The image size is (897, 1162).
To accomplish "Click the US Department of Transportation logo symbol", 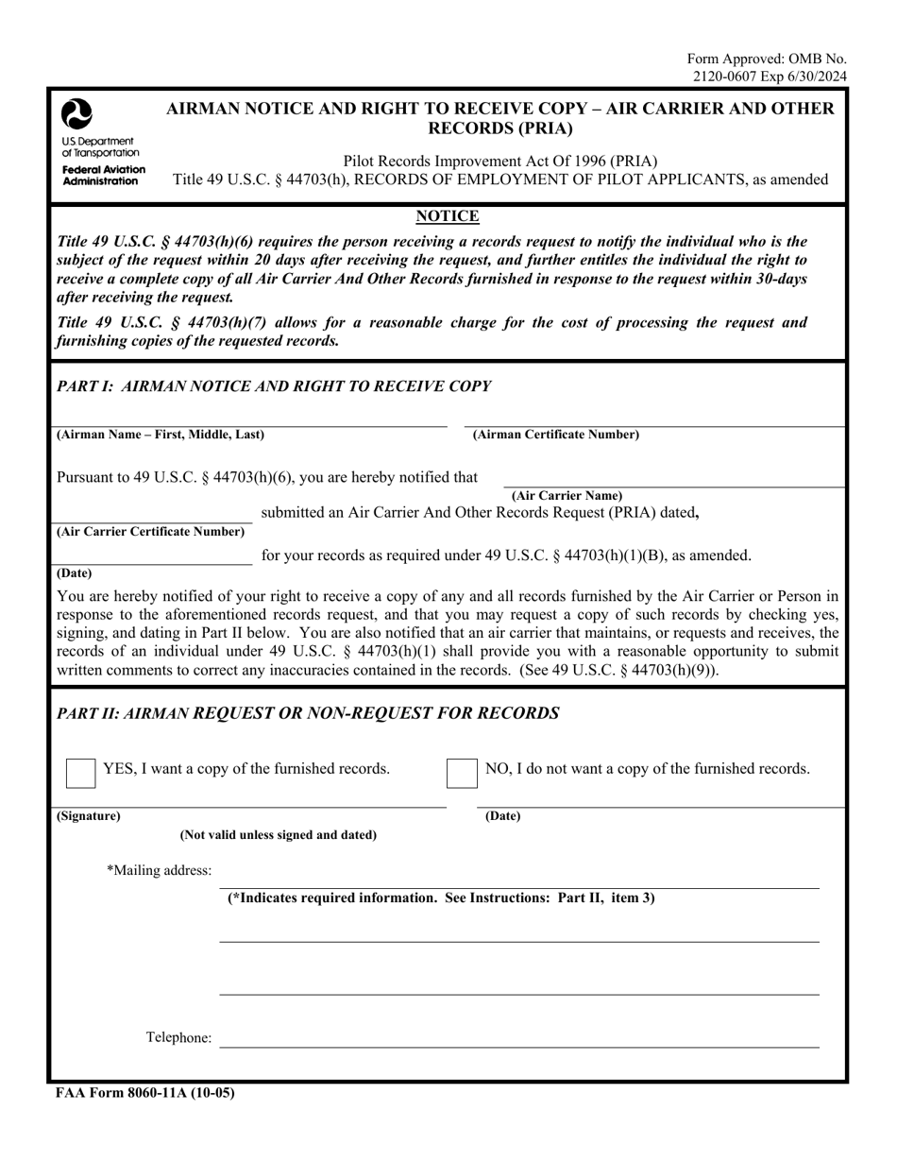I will [x=76, y=114].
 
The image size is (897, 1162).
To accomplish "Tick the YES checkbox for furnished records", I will [x=80, y=772].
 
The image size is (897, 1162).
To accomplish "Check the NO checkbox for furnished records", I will [x=462, y=772].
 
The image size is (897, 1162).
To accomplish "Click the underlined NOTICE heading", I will [x=448, y=216].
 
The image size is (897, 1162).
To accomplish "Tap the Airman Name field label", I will [x=161, y=435].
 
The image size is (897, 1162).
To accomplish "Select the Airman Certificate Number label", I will [x=555, y=435].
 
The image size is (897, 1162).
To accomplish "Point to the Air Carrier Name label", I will [x=567, y=495].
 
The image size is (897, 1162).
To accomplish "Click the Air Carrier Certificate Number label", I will [x=151, y=531].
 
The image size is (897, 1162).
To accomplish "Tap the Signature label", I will [x=89, y=815].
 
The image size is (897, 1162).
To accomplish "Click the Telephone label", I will [x=178, y=1037].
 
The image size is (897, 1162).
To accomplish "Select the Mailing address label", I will [x=160, y=870].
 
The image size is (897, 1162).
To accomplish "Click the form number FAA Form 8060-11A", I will [x=144, y=1093].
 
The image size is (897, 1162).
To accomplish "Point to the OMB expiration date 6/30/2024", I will [x=815, y=77].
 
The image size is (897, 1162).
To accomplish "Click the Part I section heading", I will [x=274, y=385].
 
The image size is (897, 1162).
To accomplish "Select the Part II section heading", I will [x=308, y=712].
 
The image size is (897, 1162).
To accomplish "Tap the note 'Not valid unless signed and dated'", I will [x=279, y=834].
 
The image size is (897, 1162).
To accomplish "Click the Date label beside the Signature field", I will [x=502, y=815].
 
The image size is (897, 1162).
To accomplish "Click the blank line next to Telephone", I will [x=519, y=1043].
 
